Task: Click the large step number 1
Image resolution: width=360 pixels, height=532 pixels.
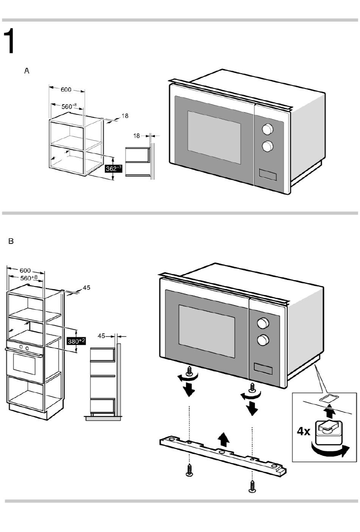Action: (x=10, y=41)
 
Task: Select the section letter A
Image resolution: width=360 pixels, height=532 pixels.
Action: (x=27, y=71)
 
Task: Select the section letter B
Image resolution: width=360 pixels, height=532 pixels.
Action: (x=11, y=241)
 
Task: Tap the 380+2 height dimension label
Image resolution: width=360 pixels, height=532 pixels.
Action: (x=76, y=341)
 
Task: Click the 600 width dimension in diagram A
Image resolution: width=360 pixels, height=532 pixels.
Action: (x=66, y=89)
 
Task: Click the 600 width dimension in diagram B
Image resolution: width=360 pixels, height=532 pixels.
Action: (x=25, y=271)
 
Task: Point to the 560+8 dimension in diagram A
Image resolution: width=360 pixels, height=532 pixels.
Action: (x=69, y=106)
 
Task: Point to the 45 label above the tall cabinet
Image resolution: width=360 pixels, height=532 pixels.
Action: (x=86, y=288)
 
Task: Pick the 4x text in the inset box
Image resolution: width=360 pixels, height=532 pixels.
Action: (x=303, y=431)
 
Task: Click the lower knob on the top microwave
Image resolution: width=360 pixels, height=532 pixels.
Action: (x=268, y=146)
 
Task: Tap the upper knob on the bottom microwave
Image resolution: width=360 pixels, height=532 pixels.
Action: (x=262, y=323)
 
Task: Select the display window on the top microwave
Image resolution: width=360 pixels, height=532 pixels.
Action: (x=268, y=174)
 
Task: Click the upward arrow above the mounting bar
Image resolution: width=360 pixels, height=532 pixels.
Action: (x=224, y=440)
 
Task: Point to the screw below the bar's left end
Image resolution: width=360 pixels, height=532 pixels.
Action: (x=189, y=471)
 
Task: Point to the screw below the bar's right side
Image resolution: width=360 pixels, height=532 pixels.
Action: (x=252, y=486)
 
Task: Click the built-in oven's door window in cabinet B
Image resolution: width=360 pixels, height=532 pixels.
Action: (x=24, y=363)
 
